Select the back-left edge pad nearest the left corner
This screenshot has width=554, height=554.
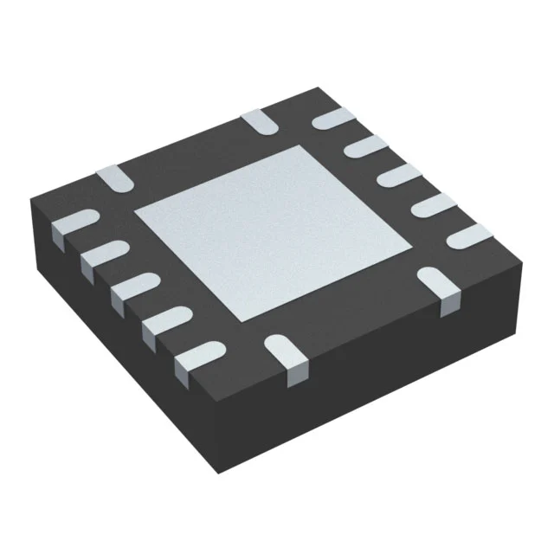(113, 177)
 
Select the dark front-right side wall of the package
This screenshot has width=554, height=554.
(372, 381)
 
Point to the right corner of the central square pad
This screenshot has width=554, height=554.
(404, 235)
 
